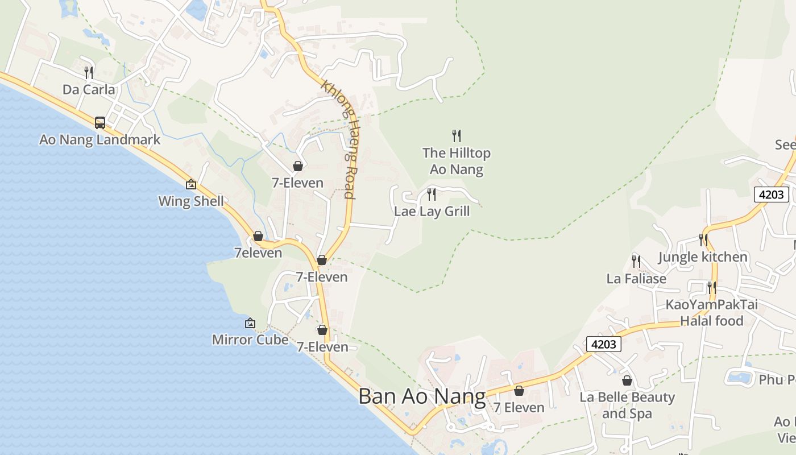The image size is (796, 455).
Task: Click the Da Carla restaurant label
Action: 89,89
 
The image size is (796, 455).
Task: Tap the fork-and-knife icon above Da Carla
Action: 89,72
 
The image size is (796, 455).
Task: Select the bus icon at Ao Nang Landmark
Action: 100,122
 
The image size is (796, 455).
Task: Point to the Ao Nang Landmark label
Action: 100,139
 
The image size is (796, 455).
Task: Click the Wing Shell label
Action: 191,201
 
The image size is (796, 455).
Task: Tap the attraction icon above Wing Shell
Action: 191,184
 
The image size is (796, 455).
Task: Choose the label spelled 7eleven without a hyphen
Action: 258,253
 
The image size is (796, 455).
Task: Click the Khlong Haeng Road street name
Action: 339,139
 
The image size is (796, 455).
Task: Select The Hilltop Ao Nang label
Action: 457,161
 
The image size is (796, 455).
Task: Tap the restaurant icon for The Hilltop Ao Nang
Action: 456,135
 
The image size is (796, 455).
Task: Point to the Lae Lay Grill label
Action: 432,212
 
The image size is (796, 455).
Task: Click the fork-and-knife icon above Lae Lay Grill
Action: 432,195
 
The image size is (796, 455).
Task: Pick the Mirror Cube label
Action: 250,340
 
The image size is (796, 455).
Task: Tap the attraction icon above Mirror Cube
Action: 250,323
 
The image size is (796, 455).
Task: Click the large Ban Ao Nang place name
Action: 422,396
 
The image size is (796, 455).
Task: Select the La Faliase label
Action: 636,279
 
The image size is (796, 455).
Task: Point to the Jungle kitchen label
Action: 703,257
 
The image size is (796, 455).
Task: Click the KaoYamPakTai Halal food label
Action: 712,313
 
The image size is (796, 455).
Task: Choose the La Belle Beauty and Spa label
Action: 627,405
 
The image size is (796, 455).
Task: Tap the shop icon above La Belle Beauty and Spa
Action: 627,380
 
